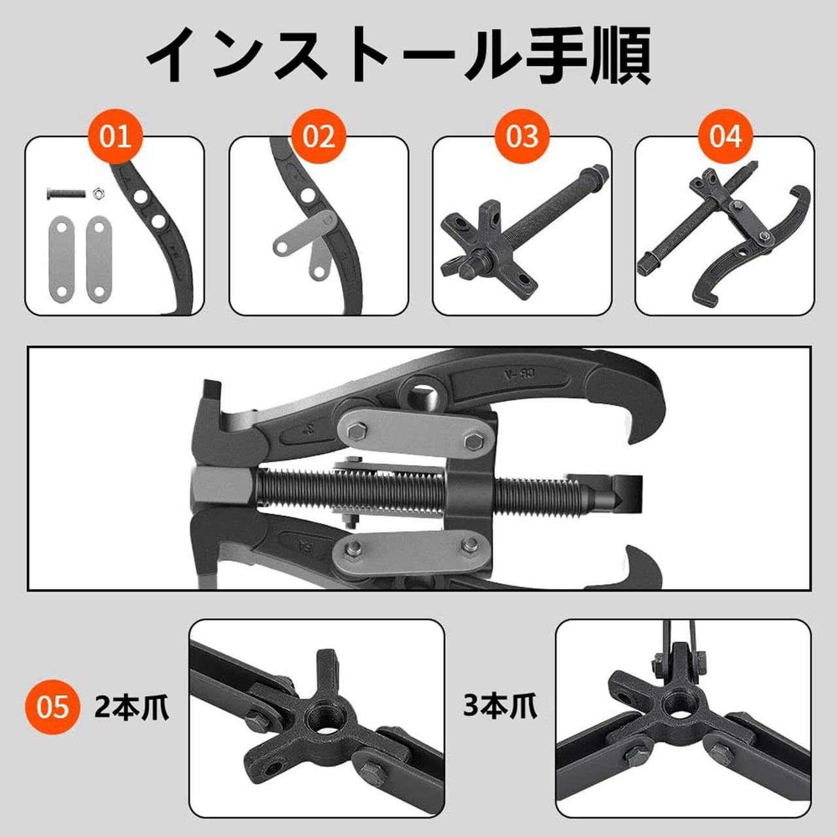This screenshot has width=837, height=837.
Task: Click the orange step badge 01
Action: (x=116, y=137)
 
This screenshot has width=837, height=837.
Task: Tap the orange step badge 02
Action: (x=319, y=137)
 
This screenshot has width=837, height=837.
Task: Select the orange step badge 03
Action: (x=522, y=137)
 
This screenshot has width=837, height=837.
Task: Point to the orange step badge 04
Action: (x=725, y=137)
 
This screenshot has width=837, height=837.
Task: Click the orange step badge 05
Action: (x=53, y=707)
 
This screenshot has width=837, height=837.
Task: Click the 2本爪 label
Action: (x=131, y=707)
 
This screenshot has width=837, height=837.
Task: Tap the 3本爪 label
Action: (x=500, y=707)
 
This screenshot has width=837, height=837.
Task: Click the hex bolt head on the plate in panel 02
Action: (x=327, y=219)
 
